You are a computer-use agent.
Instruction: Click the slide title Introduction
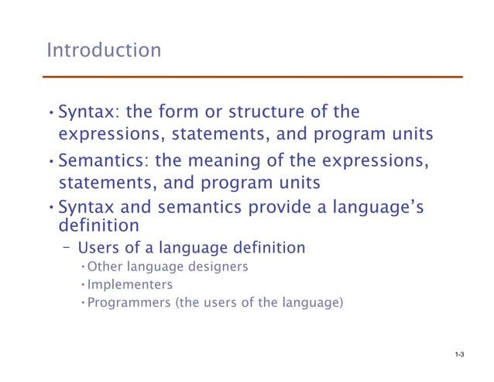pyautogui.click(x=104, y=50)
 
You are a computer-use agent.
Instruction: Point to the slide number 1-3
pyautogui.click(x=459, y=355)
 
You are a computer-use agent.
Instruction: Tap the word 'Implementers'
pyautogui.click(x=129, y=284)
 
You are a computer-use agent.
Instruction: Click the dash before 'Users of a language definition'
pyautogui.click(x=67, y=248)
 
